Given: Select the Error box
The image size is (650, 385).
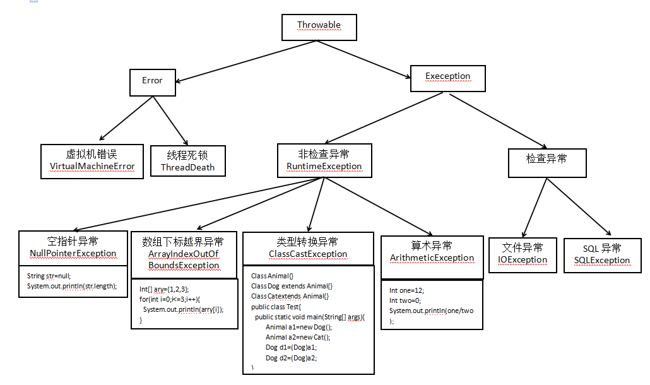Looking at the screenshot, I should point(152,81).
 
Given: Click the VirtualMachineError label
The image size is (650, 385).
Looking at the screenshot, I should point(92,167).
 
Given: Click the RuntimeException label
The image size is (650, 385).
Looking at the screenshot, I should point(324,167).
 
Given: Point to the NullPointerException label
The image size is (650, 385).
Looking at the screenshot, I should point(73,254).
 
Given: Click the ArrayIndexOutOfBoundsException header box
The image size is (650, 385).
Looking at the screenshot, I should point(184,254).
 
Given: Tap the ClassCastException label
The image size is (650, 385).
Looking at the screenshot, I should point(308,254).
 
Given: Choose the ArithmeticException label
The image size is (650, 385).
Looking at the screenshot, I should point(432,258).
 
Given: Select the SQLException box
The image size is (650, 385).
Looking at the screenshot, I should point(601,255).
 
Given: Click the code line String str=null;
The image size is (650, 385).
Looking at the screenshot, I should point(49,276).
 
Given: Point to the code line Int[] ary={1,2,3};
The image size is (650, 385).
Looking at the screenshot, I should point(163,289).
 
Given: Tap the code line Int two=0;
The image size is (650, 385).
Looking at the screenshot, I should point(406,301).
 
